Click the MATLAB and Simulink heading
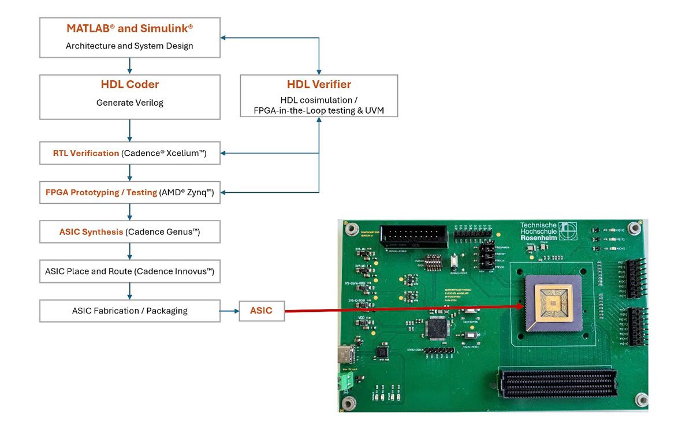[129, 29]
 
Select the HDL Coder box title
[129, 85]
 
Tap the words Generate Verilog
[129, 103]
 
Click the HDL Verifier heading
[319, 85]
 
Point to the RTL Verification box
[129, 153]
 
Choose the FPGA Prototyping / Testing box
[129, 192]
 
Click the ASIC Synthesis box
[129, 232]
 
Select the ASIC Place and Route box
[129, 271]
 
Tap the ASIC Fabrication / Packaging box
[129, 311]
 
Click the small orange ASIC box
[261, 311]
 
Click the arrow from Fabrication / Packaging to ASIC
[230, 311]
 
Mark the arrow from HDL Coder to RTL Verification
[130, 130]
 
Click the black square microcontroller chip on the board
[434, 329]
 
